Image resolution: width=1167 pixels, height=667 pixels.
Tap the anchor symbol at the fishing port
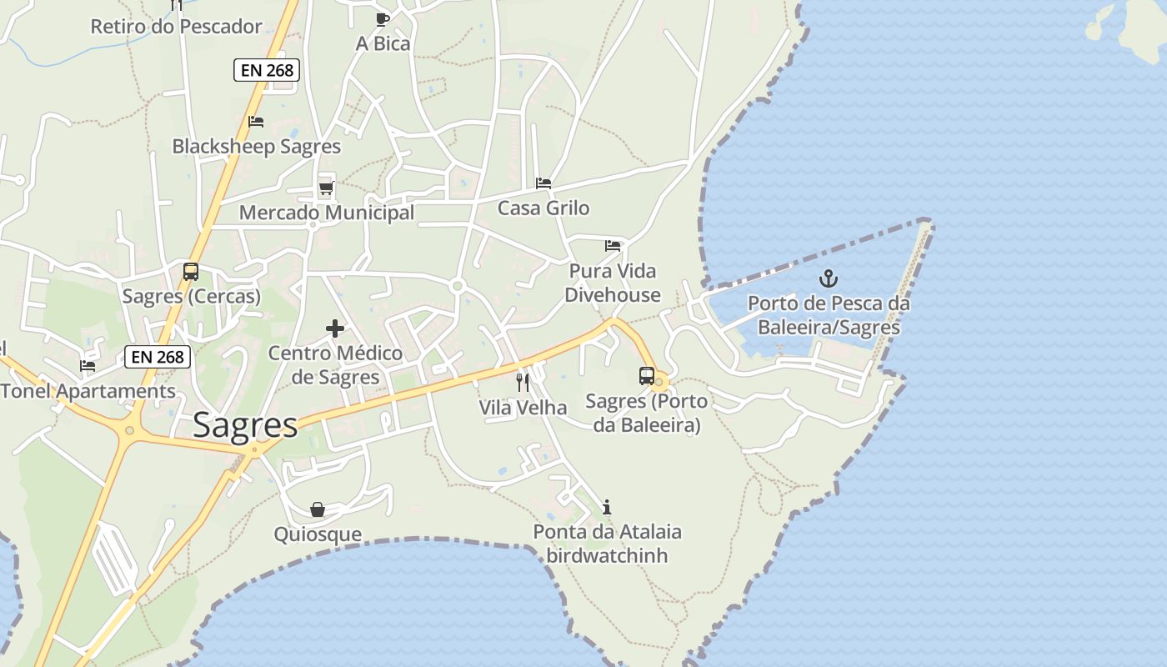(829, 278)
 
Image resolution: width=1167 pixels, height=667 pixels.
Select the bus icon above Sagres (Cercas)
(191, 272)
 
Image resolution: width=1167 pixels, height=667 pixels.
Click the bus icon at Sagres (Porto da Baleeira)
(647, 376)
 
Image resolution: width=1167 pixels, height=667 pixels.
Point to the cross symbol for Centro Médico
(335, 328)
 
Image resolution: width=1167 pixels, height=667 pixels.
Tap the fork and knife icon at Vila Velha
(523, 383)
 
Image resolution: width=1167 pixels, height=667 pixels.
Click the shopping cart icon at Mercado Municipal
(326, 188)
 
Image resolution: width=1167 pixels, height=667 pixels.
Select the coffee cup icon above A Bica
(383, 19)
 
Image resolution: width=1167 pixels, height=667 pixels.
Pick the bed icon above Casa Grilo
(543, 183)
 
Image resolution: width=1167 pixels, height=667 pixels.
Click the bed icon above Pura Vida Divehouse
(613, 246)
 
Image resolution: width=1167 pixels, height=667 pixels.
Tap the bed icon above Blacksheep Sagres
(256, 122)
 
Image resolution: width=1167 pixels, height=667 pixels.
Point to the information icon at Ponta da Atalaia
(607, 507)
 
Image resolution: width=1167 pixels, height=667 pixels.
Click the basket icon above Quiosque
(318, 509)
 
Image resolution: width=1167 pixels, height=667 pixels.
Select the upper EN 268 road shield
(267, 70)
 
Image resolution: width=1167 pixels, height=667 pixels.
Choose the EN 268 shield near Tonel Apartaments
(158, 358)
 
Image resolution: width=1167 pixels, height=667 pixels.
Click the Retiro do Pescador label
(176, 27)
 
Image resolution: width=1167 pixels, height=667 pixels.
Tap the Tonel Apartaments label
(88, 391)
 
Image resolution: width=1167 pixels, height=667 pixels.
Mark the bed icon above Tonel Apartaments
(88, 366)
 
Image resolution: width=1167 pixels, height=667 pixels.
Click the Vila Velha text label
(523, 408)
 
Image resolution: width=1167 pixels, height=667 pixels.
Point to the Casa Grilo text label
(543, 208)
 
